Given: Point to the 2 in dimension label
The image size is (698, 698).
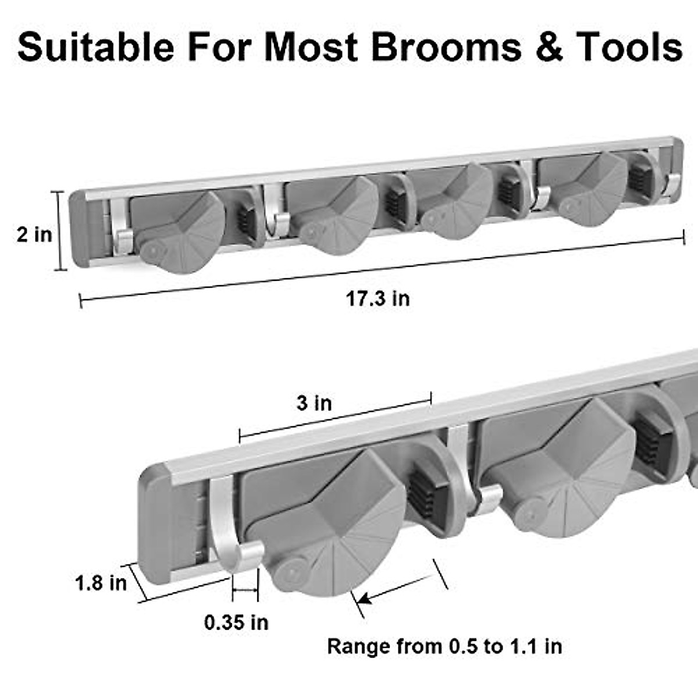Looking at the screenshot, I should [34, 234].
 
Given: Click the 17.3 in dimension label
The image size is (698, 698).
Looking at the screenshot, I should [378, 299].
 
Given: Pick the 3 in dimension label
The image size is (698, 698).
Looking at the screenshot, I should [314, 403].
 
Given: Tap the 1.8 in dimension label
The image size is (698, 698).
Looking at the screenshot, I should [101, 582].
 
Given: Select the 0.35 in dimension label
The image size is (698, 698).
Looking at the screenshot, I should [236, 622].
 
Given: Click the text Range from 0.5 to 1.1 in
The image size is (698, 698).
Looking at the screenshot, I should [444, 646].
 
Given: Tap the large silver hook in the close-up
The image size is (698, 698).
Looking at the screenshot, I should [230, 535].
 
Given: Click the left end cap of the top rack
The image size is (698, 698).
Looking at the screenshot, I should [79, 230].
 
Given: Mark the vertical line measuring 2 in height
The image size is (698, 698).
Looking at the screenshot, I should [59, 231].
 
